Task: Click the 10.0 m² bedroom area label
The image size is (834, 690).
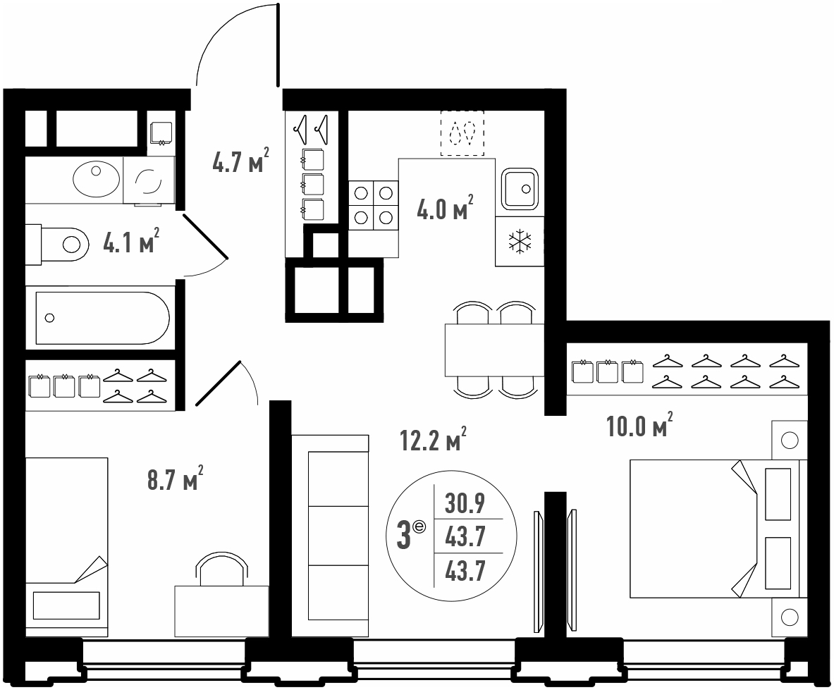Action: point(640,425)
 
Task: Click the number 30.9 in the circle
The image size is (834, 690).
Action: point(465,503)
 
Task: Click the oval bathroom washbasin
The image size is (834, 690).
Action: point(97,178)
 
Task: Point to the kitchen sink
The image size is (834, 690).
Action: point(520,188)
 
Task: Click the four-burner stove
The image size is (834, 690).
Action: point(374,205)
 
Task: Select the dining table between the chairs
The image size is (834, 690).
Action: point(495,350)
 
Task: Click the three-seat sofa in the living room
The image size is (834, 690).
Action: point(331,536)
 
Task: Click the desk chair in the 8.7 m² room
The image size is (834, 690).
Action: point(221,568)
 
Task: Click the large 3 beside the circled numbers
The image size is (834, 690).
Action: point(404,536)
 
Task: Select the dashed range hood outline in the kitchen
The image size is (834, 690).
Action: point(462,133)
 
